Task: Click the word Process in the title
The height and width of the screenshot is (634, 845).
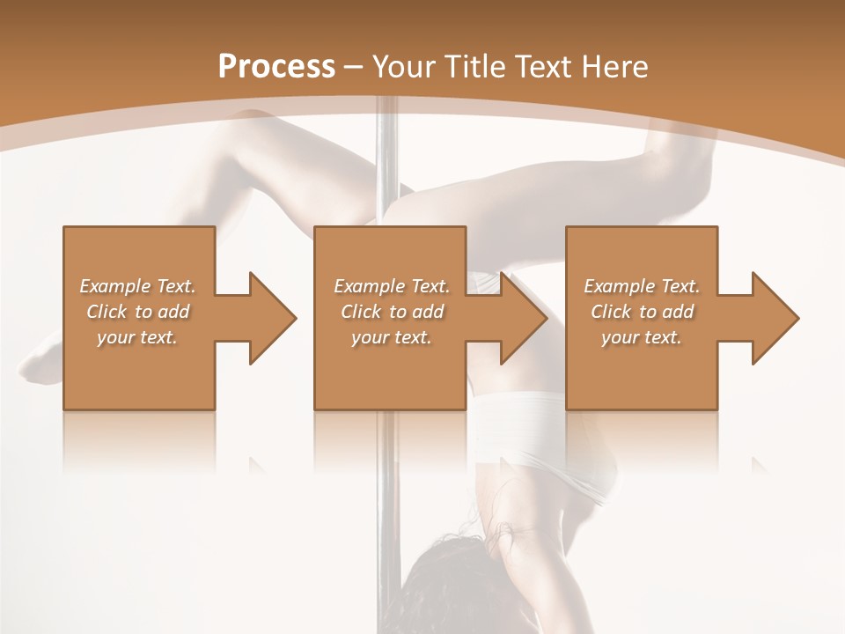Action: [276, 66]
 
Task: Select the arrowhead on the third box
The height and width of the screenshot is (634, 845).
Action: [774, 318]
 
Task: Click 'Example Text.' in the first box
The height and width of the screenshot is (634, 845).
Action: [137, 286]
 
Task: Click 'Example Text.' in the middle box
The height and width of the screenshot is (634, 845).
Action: [392, 286]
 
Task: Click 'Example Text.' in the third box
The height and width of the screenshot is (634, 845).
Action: [642, 286]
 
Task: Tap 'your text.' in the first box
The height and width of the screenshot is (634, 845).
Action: [137, 337]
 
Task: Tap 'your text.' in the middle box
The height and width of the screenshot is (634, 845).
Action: [392, 337]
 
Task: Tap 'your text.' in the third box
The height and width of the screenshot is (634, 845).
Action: [642, 337]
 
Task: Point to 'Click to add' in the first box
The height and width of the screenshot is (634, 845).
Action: [137, 312]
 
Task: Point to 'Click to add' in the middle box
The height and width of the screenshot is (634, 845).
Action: [392, 312]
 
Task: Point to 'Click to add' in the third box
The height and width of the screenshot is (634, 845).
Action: [642, 312]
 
